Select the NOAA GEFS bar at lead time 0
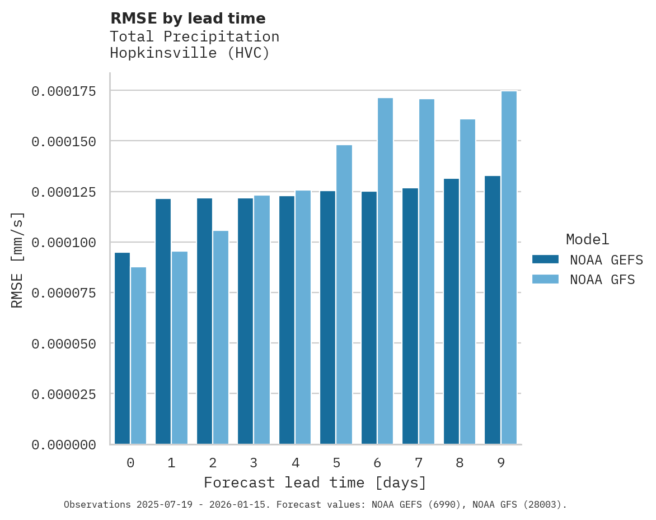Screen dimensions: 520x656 [x=122, y=348]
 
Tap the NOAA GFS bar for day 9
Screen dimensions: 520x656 [x=509, y=267]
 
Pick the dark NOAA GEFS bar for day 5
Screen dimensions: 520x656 [x=328, y=317]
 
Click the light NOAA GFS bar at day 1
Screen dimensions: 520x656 [x=180, y=347]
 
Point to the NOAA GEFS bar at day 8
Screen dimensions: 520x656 [x=451, y=311]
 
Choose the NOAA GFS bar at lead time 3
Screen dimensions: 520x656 [x=262, y=319]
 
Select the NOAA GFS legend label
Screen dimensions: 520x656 [x=602, y=280]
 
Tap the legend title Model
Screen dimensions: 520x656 [x=587, y=239]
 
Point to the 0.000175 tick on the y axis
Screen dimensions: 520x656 [x=63, y=91]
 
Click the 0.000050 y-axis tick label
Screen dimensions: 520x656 [x=63, y=343]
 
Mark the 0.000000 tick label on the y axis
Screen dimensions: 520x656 [x=63, y=445]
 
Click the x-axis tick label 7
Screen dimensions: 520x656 [x=419, y=463]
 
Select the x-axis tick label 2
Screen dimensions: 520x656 [x=213, y=463]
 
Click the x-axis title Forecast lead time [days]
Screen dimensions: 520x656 [x=315, y=482]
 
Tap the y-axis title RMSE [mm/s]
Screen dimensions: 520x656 [x=17, y=260]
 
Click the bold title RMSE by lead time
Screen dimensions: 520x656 [x=188, y=18]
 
